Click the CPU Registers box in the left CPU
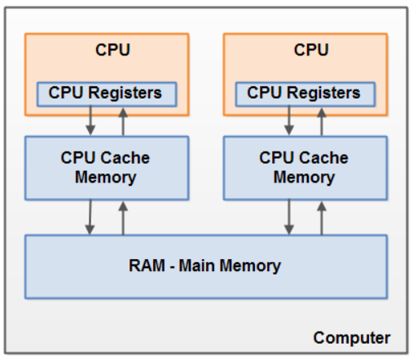click(x=105, y=94)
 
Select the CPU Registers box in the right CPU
click(x=304, y=94)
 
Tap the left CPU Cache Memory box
click(x=105, y=166)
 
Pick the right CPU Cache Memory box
click(x=304, y=166)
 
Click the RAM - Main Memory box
click(x=204, y=266)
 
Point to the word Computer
click(x=352, y=337)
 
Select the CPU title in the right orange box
click(x=311, y=50)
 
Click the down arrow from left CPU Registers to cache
click(x=90, y=121)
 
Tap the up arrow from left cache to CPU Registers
click(x=124, y=121)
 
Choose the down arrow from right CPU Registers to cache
click(x=289, y=121)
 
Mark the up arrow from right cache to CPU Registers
click(x=323, y=121)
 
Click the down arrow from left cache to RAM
click(x=90, y=217)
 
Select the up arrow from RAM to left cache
click(x=124, y=217)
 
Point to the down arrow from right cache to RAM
click(x=289, y=217)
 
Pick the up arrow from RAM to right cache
click(x=323, y=217)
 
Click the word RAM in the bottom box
click(x=147, y=266)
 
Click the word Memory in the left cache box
click(x=105, y=176)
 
